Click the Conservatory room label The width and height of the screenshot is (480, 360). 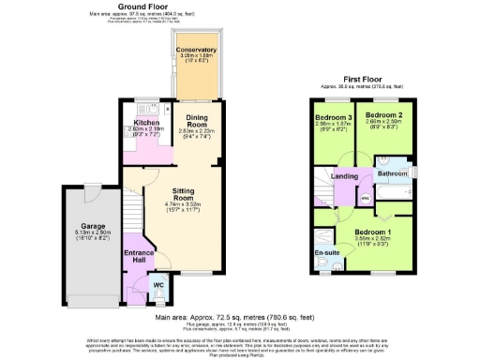(x=198, y=50)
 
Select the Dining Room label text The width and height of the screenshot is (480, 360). (x=197, y=121)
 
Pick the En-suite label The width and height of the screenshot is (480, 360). (x=327, y=252)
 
